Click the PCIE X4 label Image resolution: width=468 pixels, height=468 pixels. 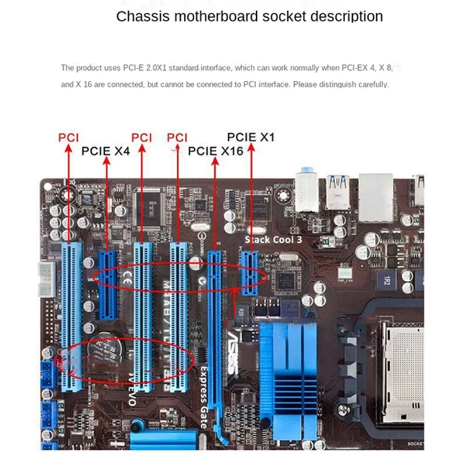[105, 151]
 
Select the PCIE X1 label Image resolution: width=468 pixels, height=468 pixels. [250, 137]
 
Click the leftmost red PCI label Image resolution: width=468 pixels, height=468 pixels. [68, 137]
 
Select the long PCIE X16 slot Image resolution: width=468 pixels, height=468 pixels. [215, 328]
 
